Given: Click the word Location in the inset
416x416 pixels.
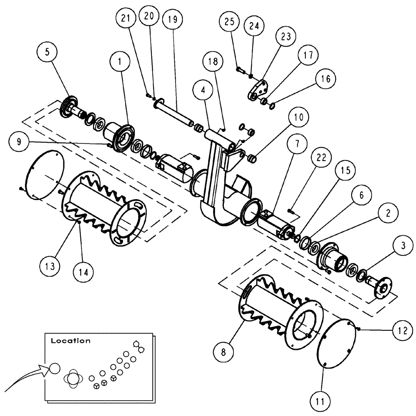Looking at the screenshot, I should click(70, 341).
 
